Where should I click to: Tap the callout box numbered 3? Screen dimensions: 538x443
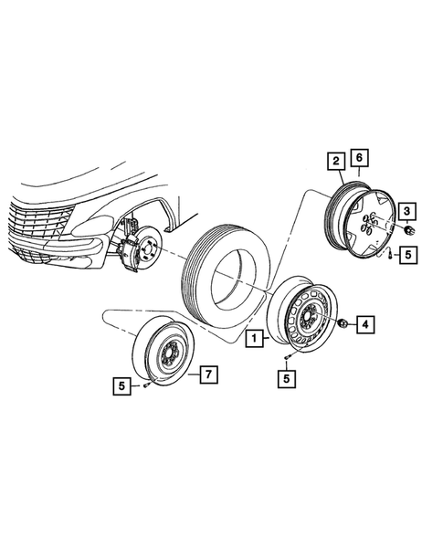(407, 212)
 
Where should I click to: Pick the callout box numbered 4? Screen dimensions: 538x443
(365, 323)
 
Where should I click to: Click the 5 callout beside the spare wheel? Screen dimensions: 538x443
(121, 386)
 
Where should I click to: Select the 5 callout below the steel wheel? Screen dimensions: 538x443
(287, 375)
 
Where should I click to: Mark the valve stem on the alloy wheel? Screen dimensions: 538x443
(388, 254)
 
